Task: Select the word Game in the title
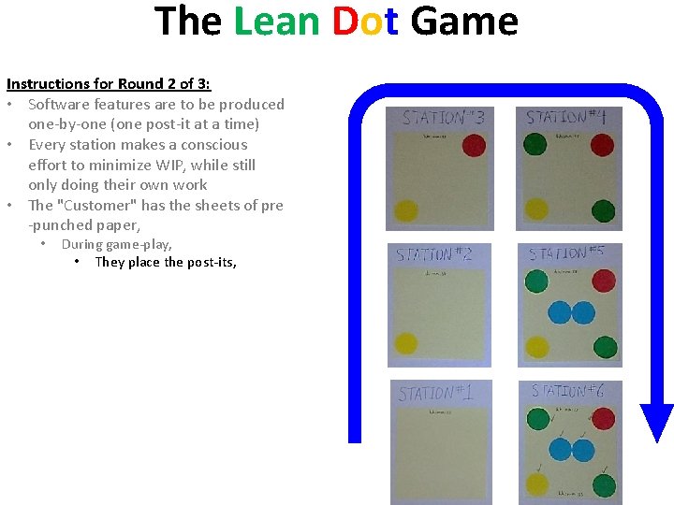tap(463, 21)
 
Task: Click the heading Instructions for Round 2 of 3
tap(109, 84)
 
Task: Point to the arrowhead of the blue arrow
tap(656, 422)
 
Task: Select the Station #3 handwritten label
tap(443, 118)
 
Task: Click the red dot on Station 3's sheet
tap(474, 146)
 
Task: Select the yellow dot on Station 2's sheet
tap(406, 344)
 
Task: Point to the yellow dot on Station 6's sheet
tap(536, 483)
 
